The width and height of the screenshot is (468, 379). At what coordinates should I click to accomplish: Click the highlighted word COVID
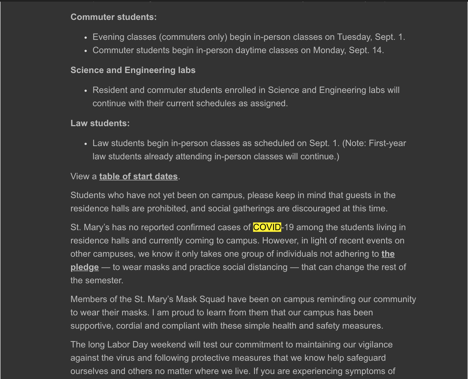[x=267, y=227]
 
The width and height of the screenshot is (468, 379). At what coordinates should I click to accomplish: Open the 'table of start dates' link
[x=138, y=176]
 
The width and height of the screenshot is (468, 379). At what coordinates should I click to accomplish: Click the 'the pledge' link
[x=388, y=254]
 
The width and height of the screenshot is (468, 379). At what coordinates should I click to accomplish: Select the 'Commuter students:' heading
[x=114, y=17]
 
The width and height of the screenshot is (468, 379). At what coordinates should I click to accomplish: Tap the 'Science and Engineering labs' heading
[x=133, y=70]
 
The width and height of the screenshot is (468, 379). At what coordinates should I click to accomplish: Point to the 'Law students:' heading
[x=100, y=123]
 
